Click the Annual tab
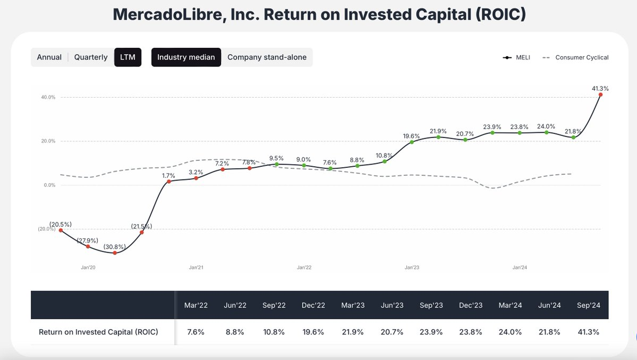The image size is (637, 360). point(49,57)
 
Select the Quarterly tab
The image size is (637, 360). point(90,57)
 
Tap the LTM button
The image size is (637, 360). point(128,57)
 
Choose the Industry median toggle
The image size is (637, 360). point(186,57)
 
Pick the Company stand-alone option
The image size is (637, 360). point(267,57)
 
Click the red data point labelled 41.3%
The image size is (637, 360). point(600,95)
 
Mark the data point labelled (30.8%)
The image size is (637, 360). point(115,253)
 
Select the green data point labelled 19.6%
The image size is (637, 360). point(412,142)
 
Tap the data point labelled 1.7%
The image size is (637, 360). point(169,182)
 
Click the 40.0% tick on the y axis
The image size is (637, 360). point(48,97)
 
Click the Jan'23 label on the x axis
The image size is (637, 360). point(412,268)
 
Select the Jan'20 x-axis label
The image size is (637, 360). point(88,268)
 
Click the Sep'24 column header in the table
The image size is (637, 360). point(588,305)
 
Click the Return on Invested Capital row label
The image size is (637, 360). point(98,332)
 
